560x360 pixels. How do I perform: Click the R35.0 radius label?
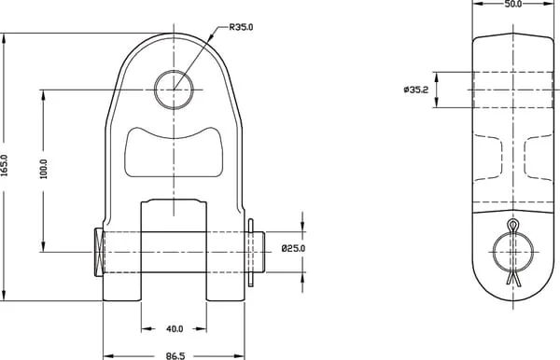[241, 27]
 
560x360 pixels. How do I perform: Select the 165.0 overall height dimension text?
[5, 166]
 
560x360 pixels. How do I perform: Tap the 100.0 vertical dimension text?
[44, 169]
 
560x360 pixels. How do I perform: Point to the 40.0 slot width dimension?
[175, 329]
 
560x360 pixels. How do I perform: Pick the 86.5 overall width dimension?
[175, 355]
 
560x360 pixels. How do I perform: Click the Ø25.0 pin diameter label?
[293, 248]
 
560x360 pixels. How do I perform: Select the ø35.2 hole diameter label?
[415, 90]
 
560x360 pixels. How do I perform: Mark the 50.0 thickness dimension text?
[512, 4]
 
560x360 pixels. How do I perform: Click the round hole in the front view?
[174, 90]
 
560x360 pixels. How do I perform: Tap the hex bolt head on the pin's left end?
[99, 252]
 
